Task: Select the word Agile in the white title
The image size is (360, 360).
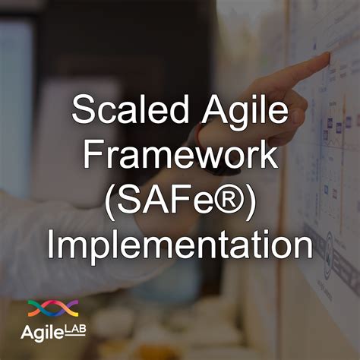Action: tap(245, 114)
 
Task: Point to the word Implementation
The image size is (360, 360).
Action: tap(179, 245)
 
